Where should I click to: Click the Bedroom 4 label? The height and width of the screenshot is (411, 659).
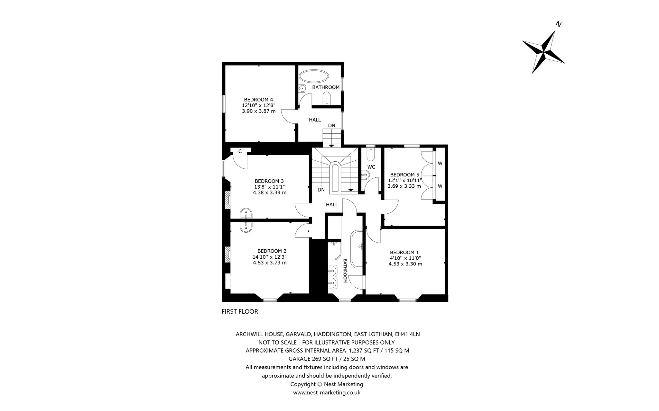258,99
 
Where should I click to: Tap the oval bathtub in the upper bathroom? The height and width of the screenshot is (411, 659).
314,77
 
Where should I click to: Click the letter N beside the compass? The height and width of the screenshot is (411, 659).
559,24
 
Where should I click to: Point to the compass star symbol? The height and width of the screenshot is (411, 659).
543,52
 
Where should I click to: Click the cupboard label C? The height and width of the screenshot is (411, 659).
240,151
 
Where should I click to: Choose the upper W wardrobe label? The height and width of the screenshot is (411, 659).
440,163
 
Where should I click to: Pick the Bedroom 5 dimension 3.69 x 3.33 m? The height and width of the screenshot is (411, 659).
404,186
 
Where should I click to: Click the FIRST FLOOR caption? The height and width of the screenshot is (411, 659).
240,311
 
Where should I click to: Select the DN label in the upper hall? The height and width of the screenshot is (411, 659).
332,126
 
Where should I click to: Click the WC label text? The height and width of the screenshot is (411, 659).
371,167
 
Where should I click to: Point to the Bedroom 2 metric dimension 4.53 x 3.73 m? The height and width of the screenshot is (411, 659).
270,263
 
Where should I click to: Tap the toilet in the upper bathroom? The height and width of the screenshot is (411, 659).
327,98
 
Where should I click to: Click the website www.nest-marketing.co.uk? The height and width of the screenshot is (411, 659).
327,392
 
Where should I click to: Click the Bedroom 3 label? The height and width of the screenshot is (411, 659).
269,181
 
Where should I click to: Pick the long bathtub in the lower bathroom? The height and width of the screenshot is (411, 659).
357,249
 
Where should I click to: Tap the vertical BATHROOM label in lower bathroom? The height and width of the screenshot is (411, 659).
345,271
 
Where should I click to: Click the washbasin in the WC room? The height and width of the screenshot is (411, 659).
366,175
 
